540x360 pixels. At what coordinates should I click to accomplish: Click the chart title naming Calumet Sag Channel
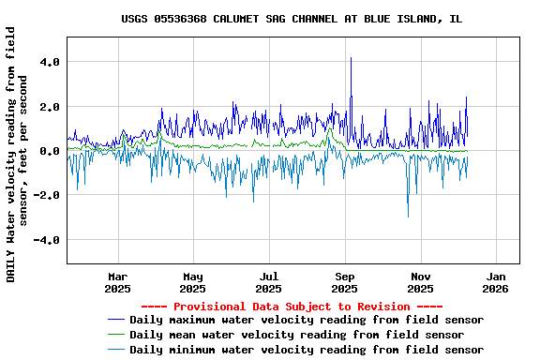[x=292, y=19]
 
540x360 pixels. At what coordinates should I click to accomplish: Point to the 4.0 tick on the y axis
[x=50, y=62]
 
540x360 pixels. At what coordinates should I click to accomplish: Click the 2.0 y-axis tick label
[x=50, y=107]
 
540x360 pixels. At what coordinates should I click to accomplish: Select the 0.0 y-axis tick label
[x=50, y=151]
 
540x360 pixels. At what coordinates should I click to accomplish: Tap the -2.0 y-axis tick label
[x=47, y=195]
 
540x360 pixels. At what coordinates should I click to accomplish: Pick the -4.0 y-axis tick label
[x=47, y=240]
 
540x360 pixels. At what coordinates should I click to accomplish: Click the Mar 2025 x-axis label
[x=117, y=282]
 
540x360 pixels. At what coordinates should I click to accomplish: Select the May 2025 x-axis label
[x=193, y=282]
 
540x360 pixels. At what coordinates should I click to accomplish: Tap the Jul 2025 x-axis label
[x=269, y=282]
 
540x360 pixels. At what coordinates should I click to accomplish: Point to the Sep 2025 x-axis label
[x=345, y=282]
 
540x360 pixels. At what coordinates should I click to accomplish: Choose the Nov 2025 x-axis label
[x=421, y=282]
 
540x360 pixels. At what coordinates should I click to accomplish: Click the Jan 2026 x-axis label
[x=497, y=282]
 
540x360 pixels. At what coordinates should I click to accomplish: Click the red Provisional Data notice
[x=292, y=307]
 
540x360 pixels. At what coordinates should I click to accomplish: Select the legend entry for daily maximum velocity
[x=307, y=320]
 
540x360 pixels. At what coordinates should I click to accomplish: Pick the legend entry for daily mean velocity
[x=296, y=335]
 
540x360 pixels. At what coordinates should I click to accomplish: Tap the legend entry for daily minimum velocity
[x=307, y=350]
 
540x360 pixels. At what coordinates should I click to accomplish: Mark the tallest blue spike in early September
[x=351, y=59]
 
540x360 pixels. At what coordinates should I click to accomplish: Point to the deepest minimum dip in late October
[x=408, y=216]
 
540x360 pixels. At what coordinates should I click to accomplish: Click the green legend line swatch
[x=115, y=335]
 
